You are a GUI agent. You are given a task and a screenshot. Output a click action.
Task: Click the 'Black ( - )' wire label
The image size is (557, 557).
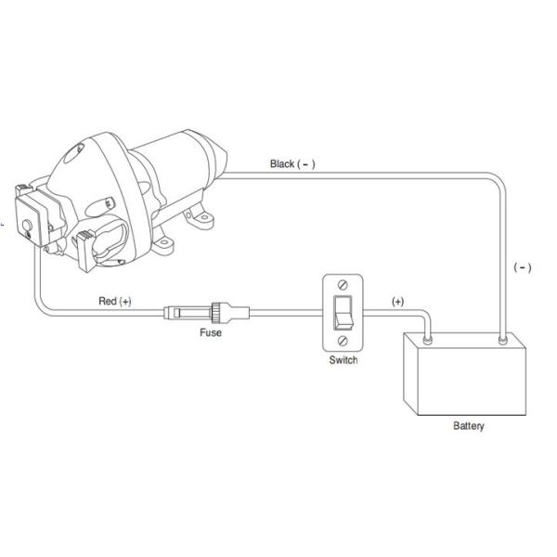click(292, 163)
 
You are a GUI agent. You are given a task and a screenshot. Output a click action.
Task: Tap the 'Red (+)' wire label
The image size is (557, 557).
click(115, 301)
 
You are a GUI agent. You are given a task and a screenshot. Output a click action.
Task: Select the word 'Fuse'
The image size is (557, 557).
click(211, 332)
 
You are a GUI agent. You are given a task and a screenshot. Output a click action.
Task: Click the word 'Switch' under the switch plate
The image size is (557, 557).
click(343, 360)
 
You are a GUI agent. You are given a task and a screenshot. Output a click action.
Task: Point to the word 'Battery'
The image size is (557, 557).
click(469, 425)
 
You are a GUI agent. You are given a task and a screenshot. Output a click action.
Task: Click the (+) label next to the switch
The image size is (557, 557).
click(397, 302)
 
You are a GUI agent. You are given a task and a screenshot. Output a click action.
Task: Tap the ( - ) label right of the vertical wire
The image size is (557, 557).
click(523, 267)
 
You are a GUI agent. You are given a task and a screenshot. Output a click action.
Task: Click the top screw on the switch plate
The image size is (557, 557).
click(343, 285)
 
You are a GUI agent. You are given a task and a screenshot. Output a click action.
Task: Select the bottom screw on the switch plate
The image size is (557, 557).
click(343, 341)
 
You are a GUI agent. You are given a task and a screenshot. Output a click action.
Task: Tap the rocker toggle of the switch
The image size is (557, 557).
click(343, 313)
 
